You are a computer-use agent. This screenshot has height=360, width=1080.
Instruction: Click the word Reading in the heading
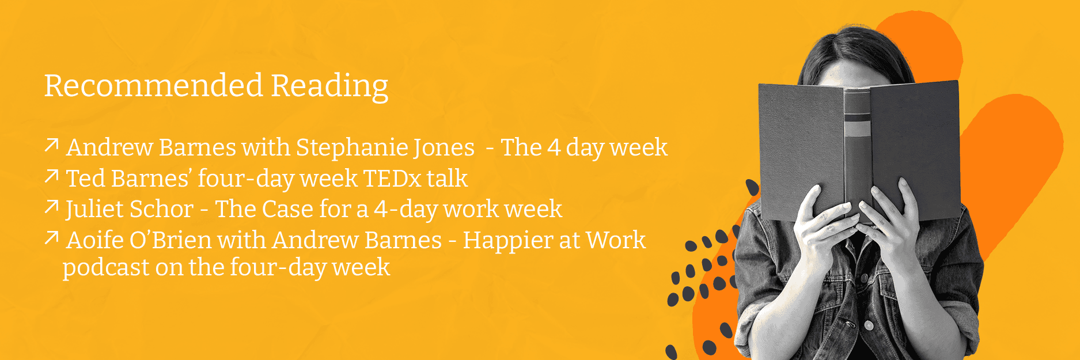click(x=329, y=87)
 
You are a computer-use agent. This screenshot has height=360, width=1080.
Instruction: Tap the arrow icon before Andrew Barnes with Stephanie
click(x=52, y=145)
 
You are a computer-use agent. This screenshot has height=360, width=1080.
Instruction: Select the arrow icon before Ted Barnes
click(x=52, y=176)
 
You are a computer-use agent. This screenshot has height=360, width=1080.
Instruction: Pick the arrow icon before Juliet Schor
click(x=52, y=207)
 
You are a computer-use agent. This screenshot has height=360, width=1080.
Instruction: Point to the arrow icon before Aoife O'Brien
click(x=52, y=237)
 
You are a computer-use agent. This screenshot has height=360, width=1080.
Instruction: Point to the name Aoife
click(x=94, y=240)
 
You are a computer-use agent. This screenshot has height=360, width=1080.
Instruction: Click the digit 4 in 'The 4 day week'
click(x=554, y=148)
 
